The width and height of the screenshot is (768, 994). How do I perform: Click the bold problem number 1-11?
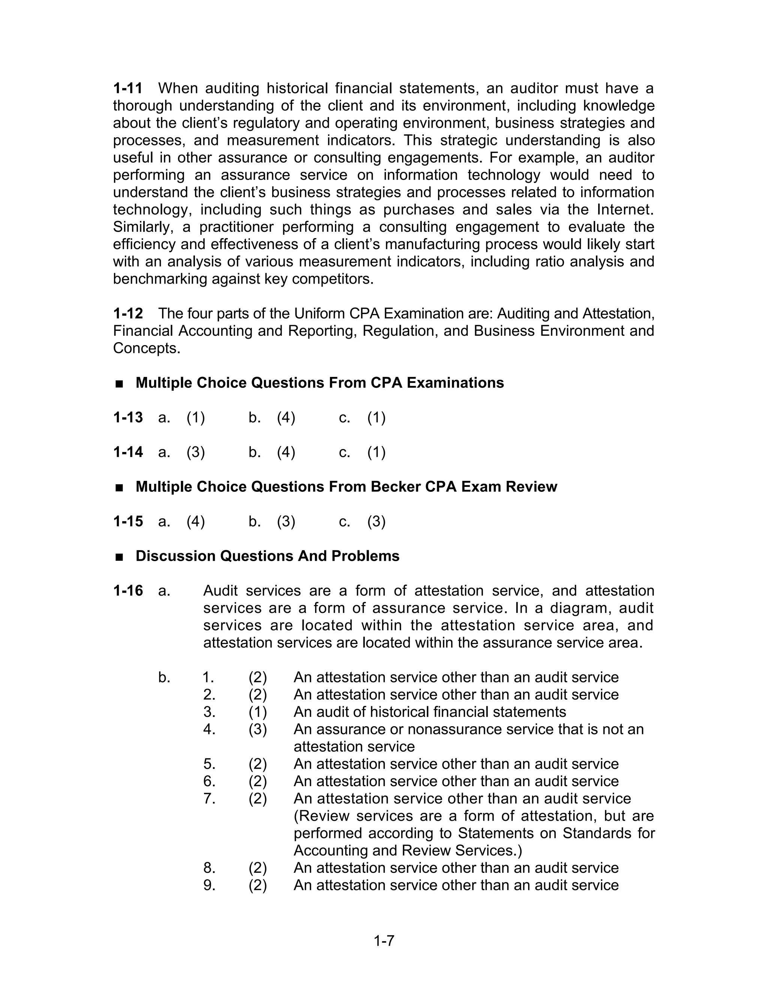point(128,88)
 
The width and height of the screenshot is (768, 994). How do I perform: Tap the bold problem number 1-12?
point(128,313)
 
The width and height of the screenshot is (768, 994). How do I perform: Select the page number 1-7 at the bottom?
point(384,940)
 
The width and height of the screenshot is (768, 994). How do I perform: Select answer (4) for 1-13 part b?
point(286,417)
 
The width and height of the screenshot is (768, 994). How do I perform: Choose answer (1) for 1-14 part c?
point(376,452)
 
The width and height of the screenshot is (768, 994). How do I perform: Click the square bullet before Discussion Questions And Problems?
point(120,557)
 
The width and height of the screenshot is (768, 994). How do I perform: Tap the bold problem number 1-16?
point(128,590)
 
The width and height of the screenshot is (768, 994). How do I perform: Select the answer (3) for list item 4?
point(258,729)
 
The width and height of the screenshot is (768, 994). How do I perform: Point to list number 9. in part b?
point(209,885)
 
